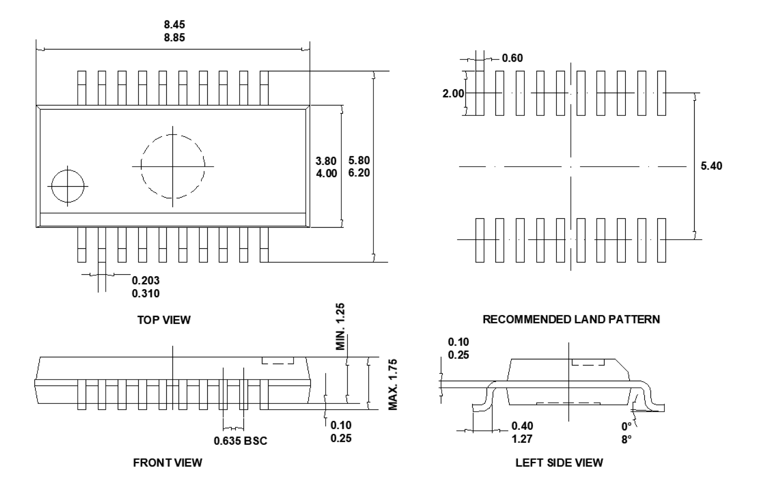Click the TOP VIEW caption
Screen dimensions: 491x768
(164, 320)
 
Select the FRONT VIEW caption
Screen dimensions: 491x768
(168, 463)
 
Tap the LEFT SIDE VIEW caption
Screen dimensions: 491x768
(559, 463)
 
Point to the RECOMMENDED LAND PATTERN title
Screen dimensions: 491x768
(571, 319)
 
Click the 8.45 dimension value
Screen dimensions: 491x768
(174, 25)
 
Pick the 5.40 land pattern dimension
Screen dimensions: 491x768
(711, 166)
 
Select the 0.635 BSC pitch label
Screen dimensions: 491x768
(240, 441)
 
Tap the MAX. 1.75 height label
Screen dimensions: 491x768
(393, 385)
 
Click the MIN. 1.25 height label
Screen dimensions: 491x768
(340, 327)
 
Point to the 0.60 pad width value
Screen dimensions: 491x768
(512, 58)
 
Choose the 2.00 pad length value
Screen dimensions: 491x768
(453, 93)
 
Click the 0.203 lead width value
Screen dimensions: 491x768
(146, 280)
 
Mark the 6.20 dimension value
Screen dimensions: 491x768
(359, 173)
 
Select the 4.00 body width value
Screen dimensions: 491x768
(326, 173)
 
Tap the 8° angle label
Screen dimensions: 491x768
(627, 440)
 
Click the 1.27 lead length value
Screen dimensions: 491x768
(522, 439)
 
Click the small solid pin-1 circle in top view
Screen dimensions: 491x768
(68, 186)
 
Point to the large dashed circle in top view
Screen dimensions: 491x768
(172, 166)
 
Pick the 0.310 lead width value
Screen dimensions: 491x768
(146, 294)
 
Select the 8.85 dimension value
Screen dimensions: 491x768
(174, 38)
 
